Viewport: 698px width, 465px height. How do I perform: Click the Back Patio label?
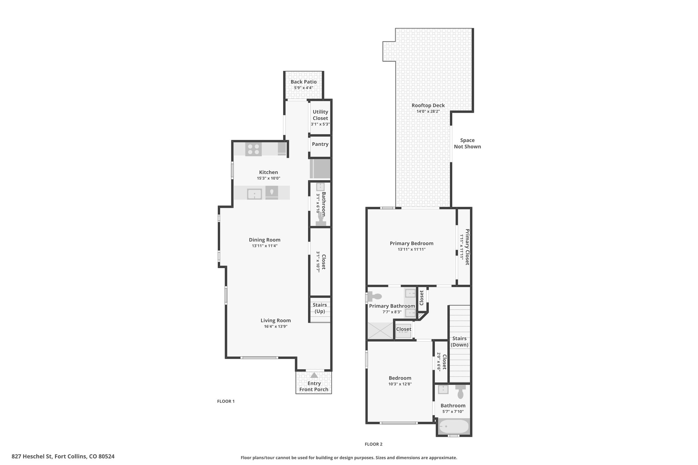303,82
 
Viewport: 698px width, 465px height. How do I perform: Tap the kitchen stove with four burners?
253,149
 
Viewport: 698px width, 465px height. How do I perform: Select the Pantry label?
320,144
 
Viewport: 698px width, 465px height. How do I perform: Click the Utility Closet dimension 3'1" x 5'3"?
320,124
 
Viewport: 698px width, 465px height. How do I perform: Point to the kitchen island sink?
254,194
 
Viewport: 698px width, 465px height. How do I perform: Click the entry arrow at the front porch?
314,375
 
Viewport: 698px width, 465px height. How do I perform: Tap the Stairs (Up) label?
320,308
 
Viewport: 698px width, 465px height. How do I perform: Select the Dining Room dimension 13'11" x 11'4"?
264,246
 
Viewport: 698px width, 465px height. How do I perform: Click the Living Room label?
276,320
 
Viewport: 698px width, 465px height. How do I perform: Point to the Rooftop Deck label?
428,106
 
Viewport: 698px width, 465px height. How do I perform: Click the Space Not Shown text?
467,143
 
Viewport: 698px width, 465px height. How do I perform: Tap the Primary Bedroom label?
412,243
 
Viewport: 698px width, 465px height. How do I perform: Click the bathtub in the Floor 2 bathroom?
454,426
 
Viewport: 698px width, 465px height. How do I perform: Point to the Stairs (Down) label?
459,341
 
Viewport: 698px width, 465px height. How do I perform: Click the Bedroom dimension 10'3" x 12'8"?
400,384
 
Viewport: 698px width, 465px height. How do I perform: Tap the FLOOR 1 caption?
226,401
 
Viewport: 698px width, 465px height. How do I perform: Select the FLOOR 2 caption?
374,444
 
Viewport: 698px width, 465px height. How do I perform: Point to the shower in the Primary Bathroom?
380,330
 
